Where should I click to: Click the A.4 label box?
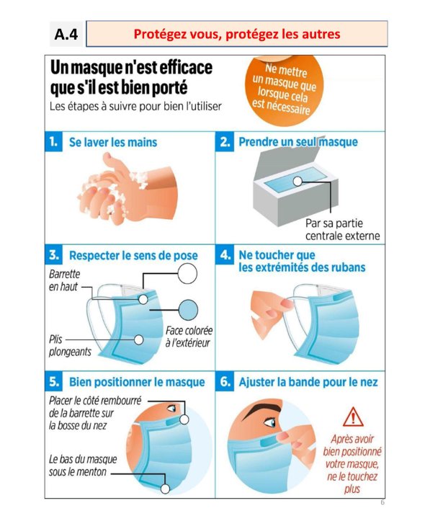tap(67, 34)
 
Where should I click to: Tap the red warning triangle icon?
tap(353, 417)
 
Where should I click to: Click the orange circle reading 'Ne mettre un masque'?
tap(284, 89)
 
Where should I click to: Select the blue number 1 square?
tap(53, 141)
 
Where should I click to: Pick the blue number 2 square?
tap(225, 141)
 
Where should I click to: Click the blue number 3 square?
tap(53, 254)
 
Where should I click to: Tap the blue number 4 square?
tap(225, 254)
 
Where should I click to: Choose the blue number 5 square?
tap(53, 381)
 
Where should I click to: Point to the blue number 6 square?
tap(225, 381)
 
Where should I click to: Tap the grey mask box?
tap(295, 182)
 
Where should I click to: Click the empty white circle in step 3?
tap(187, 273)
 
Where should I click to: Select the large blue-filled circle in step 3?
tap(188, 310)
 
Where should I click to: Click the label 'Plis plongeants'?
tap(70, 345)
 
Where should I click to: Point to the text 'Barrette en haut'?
tap(64, 280)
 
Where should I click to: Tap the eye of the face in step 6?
tap(270, 422)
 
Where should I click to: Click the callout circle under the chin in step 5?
tap(165, 489)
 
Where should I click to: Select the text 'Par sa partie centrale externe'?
tap(342, 229)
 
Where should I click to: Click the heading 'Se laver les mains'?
tap(113, 142)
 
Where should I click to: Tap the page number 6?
tap(382, 502)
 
